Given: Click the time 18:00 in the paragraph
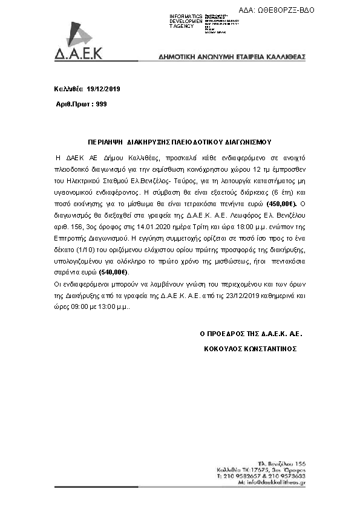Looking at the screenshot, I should [252, 233].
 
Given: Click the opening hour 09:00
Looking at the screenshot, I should [80, 306].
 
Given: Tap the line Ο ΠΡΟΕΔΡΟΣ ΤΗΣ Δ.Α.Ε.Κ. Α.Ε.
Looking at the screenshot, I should [250, 333].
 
